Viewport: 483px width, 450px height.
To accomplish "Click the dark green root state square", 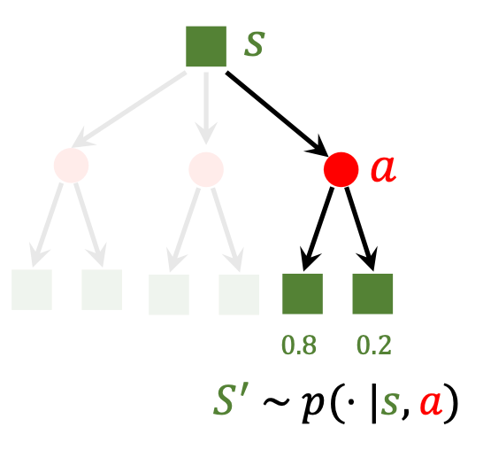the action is pos(206,46).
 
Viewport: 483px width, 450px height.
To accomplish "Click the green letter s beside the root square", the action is pos(255,44).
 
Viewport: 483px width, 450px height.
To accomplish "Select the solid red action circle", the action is pos(341,169).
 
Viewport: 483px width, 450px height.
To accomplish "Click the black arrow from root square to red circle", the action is pos(276,113).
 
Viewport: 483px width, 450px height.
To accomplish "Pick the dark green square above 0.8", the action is pos(303,293).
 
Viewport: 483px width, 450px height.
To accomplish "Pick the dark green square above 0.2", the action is pos(372,293).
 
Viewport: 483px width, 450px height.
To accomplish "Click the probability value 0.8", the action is pos(299,345).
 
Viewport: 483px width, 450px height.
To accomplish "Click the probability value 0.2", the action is pos(373,345).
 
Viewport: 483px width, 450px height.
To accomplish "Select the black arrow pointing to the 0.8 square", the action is pos(318,229).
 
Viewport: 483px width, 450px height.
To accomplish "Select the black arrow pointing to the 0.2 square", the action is pos(361,229).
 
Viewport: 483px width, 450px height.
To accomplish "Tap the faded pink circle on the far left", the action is pos(71,166).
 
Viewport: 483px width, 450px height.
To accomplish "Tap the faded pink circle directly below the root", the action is pos(206,169).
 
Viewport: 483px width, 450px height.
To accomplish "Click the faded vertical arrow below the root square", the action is pos(206,108).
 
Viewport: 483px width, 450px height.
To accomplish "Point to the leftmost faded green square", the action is pos(32,290).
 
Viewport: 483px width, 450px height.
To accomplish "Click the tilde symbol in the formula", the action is pos(277,401).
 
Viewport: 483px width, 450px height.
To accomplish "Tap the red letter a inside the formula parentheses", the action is pos(432,402).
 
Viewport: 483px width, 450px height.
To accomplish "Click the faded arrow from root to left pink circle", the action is pos(129,110).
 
